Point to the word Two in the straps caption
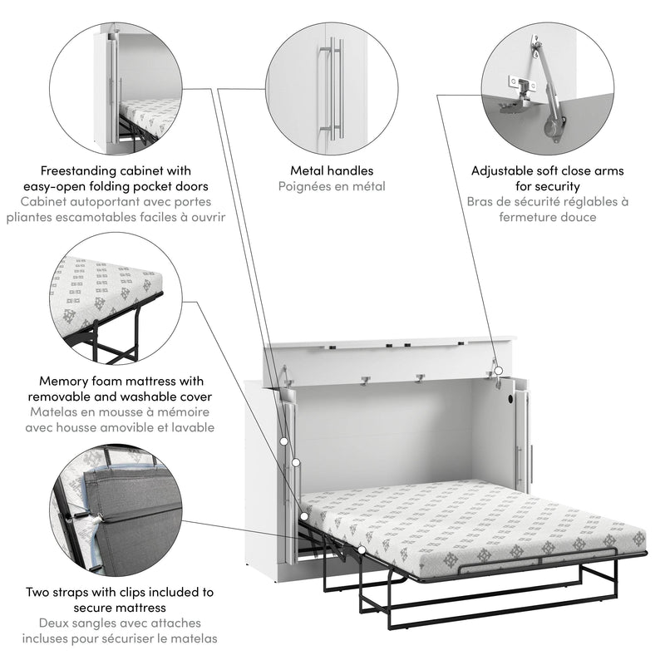click(37, 593)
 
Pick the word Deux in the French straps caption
click(56, 623)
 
